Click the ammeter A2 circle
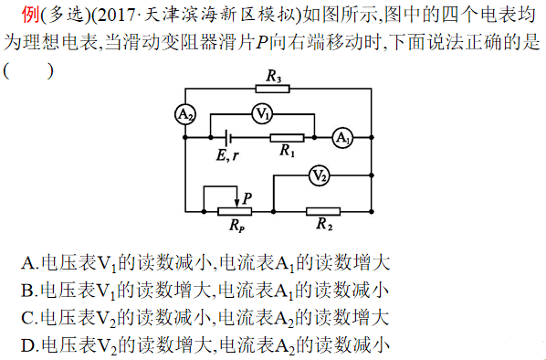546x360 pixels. click(185, 113)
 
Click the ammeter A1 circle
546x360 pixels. click(341, 138)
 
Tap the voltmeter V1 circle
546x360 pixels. click(262, 113)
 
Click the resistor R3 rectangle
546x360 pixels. click(272, 89)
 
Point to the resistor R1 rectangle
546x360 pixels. click(287, 137)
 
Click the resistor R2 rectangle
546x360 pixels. click(324, 209)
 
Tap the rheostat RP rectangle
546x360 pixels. click(237, 209)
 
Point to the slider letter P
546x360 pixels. click(247, 196)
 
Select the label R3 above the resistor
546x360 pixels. click(273, 77)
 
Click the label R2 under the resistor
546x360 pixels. click(324, 223)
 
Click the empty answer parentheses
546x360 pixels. click(27, 69)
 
